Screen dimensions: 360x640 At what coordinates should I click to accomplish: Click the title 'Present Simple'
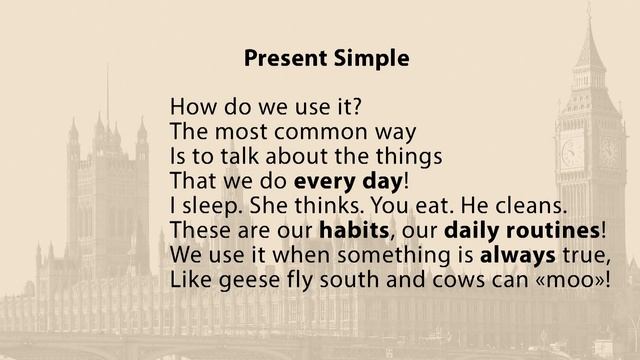326,59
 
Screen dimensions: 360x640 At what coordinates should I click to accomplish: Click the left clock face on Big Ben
572,152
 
